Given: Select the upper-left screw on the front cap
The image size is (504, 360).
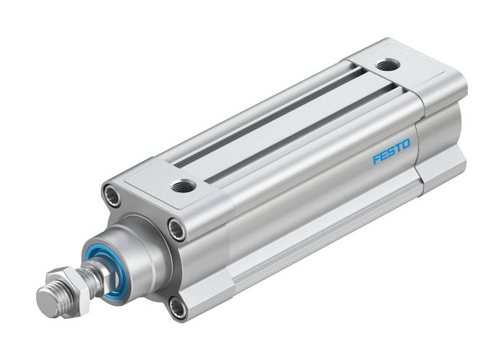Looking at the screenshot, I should [111, 194].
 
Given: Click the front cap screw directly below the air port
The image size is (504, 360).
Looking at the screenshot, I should [174, 230].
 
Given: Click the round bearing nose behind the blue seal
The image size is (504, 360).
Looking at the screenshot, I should [144, 252].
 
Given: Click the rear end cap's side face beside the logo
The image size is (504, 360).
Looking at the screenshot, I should [439, 137].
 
